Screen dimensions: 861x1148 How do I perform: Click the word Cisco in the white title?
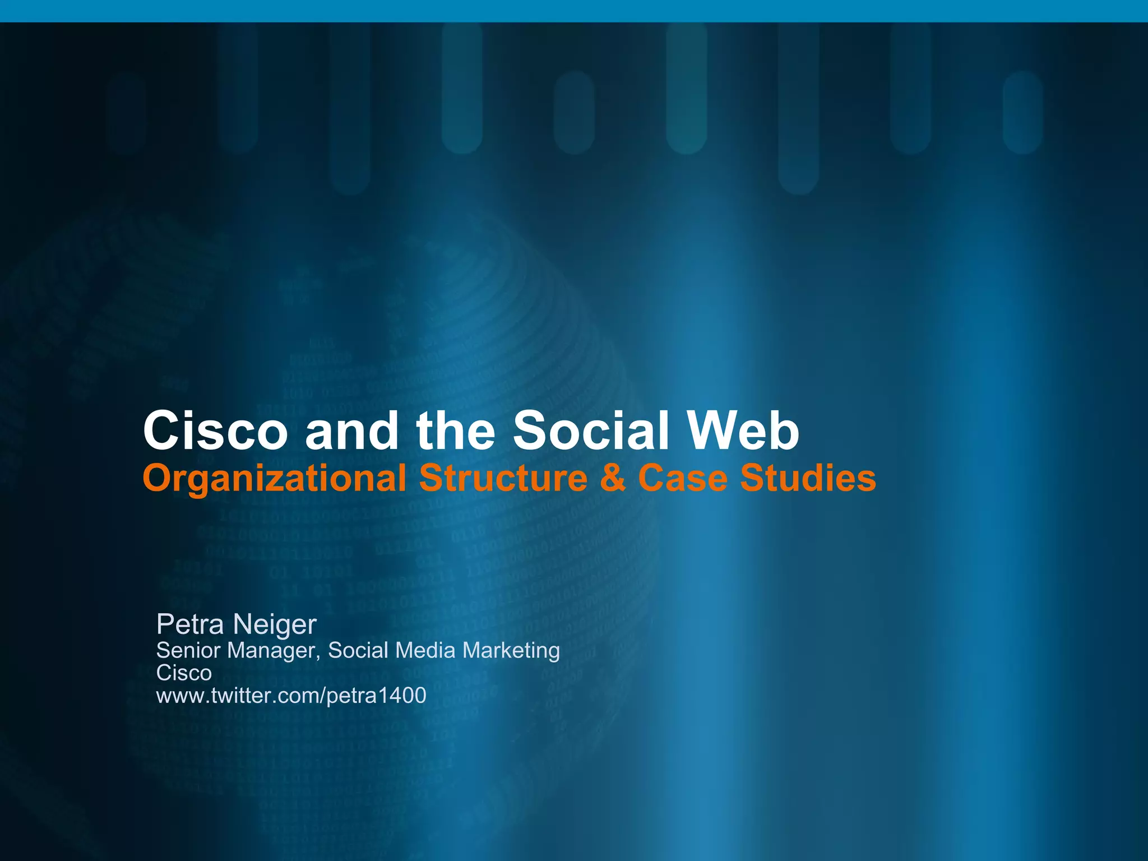point(215,430)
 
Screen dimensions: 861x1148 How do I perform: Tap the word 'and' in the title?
point(351,430)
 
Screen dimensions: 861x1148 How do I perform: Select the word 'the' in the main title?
point(456,430)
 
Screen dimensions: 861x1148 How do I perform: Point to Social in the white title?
point(591,430)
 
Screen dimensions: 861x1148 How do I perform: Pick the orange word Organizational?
point(275,479)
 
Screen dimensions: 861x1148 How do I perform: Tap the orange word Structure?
point(503,478)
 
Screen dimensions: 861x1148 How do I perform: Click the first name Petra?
point(190,624)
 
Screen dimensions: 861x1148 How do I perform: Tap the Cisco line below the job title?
point(184,673)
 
